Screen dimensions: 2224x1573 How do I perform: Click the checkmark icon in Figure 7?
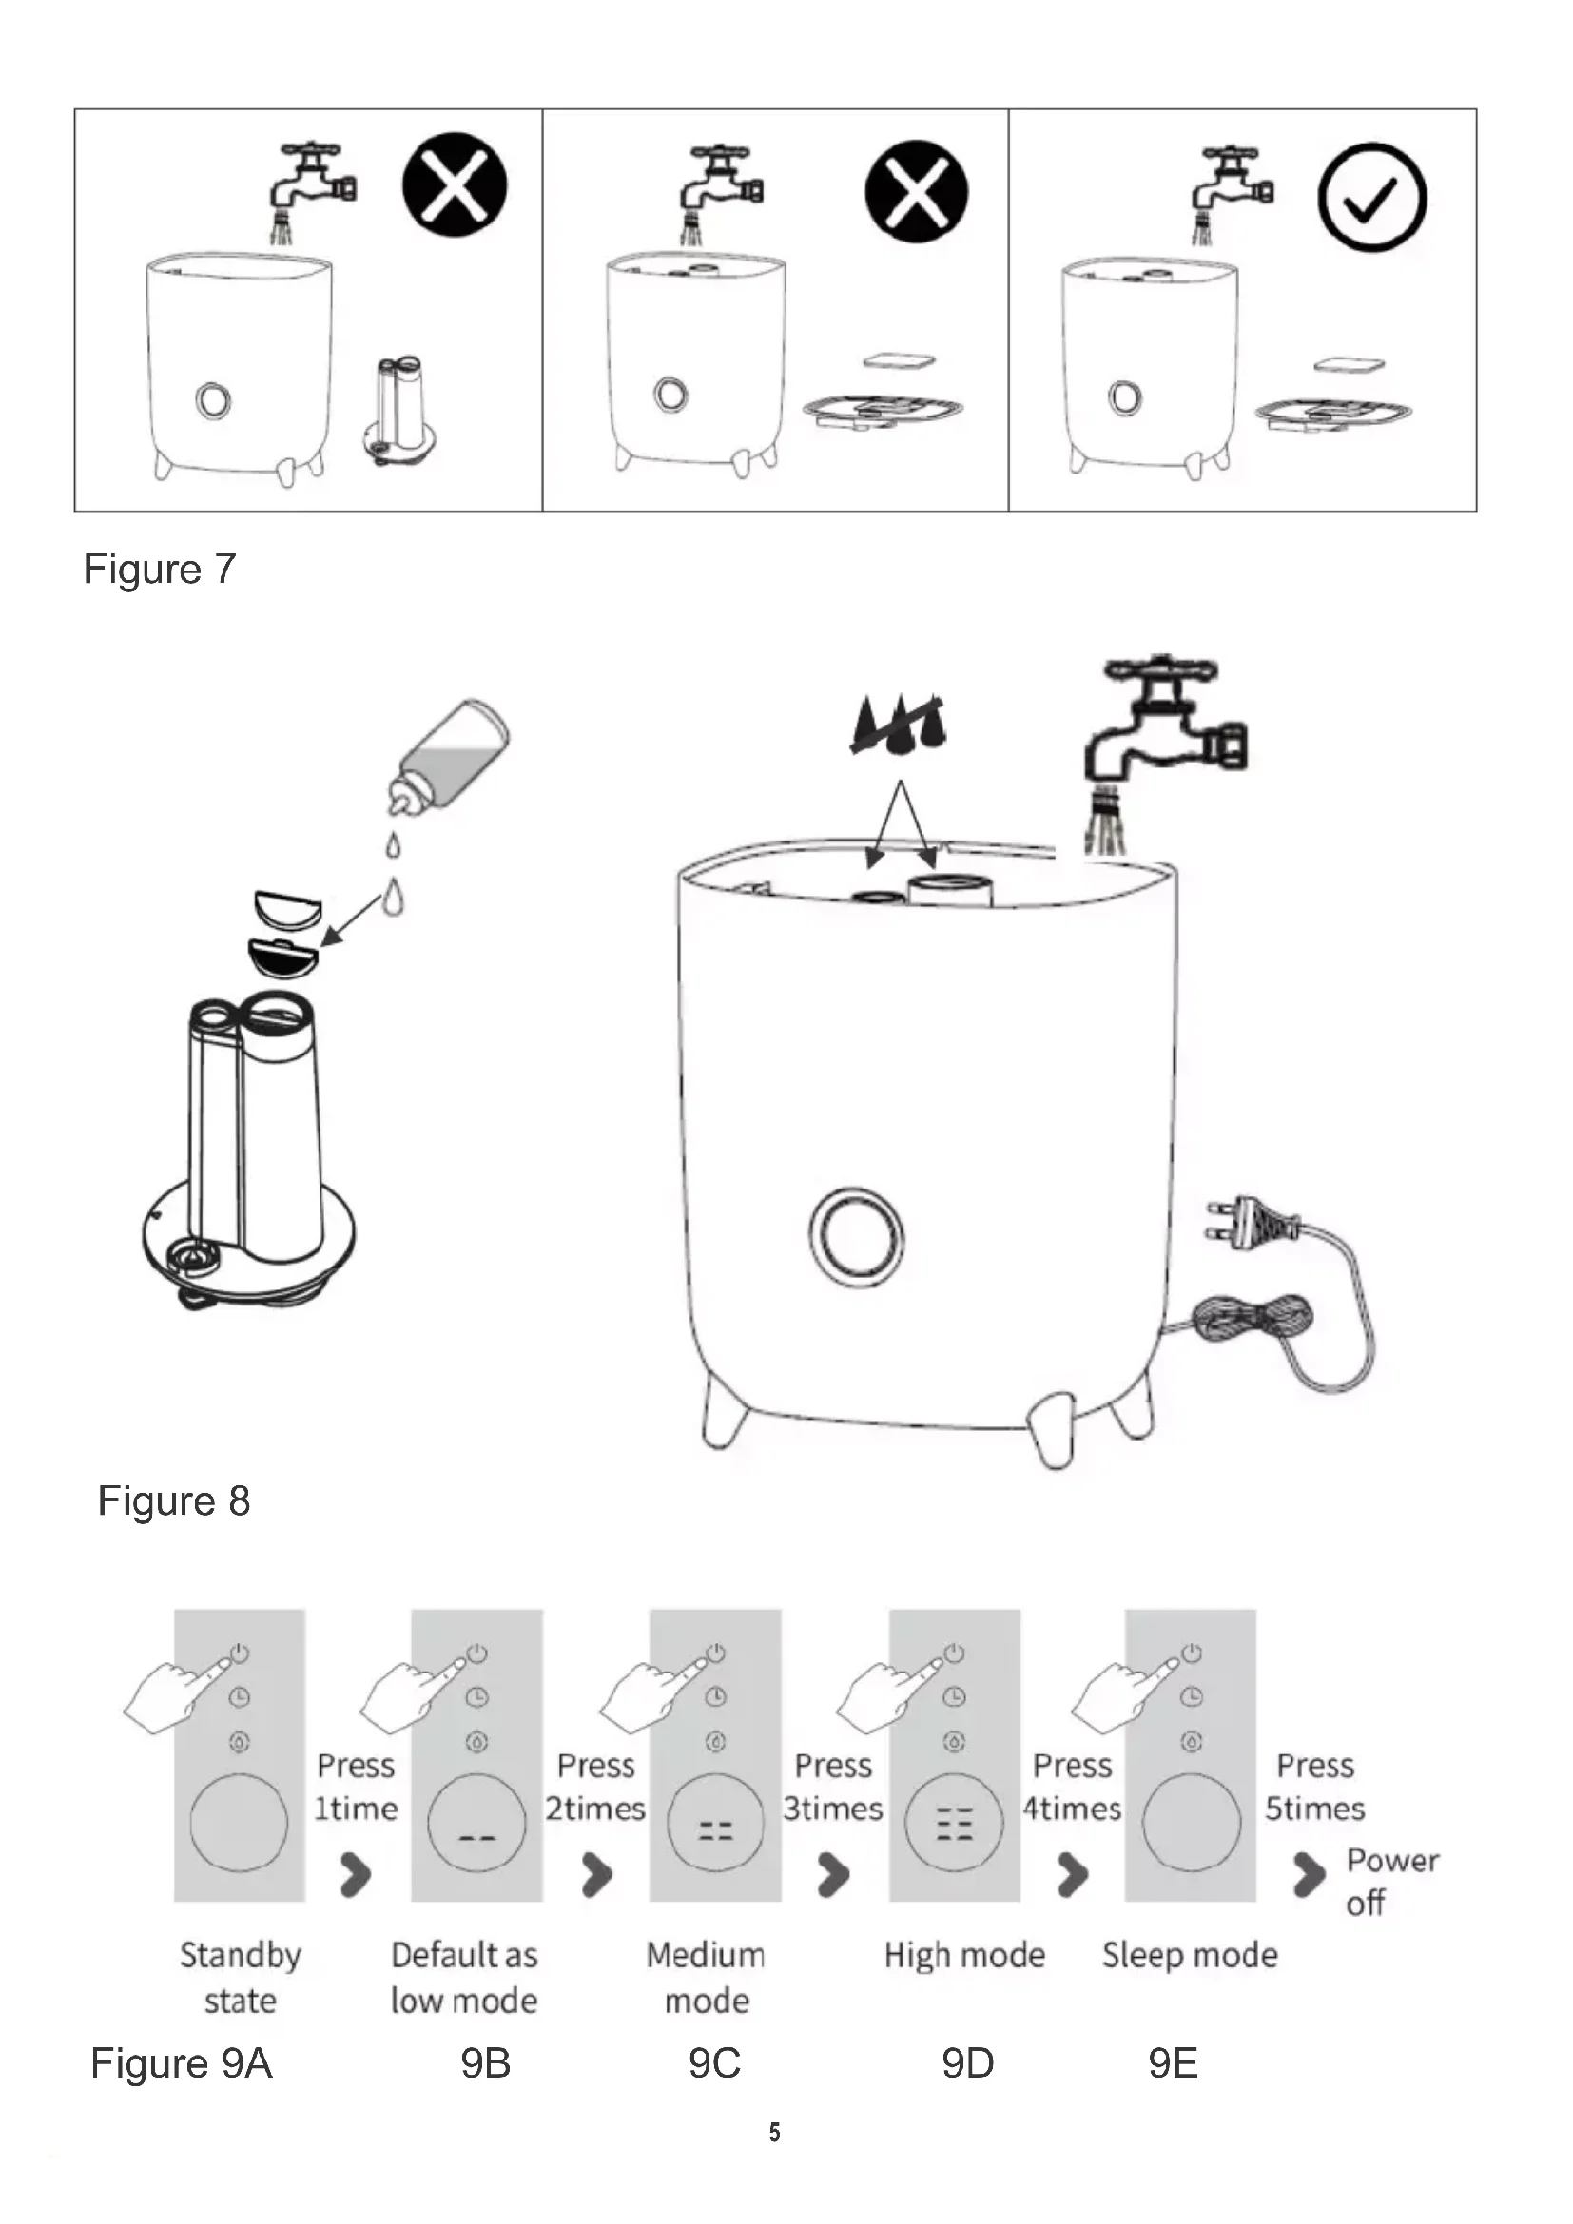pos(1371,197)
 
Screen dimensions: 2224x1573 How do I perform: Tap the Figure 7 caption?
pos(160,569)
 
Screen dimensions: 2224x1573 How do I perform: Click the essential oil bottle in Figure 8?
pos(451,757)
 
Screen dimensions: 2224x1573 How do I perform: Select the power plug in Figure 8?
pos(1250,1222)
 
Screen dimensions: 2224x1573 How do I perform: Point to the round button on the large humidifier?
pos(856,1237)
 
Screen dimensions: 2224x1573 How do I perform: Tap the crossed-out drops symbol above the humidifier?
pos(898,725)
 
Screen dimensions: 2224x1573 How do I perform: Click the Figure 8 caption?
pos(174,1500)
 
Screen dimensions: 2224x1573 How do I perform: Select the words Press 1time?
pos(357,1787)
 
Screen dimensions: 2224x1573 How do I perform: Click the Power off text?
pos(1391,1881)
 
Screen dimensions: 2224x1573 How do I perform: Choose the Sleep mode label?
pos(1190,1955)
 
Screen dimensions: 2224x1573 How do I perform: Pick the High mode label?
pos(964,1955)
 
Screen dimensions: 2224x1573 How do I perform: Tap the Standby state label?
pos(241,1977)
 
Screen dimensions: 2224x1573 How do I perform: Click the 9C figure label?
pos(715,2063)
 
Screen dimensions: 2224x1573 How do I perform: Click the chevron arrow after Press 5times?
pos(1309,1873)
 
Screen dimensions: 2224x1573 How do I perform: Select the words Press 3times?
pos(833,1787)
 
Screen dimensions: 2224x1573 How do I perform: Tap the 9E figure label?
pos(1173,2063)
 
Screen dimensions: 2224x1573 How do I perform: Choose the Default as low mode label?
pos(464,1977)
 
